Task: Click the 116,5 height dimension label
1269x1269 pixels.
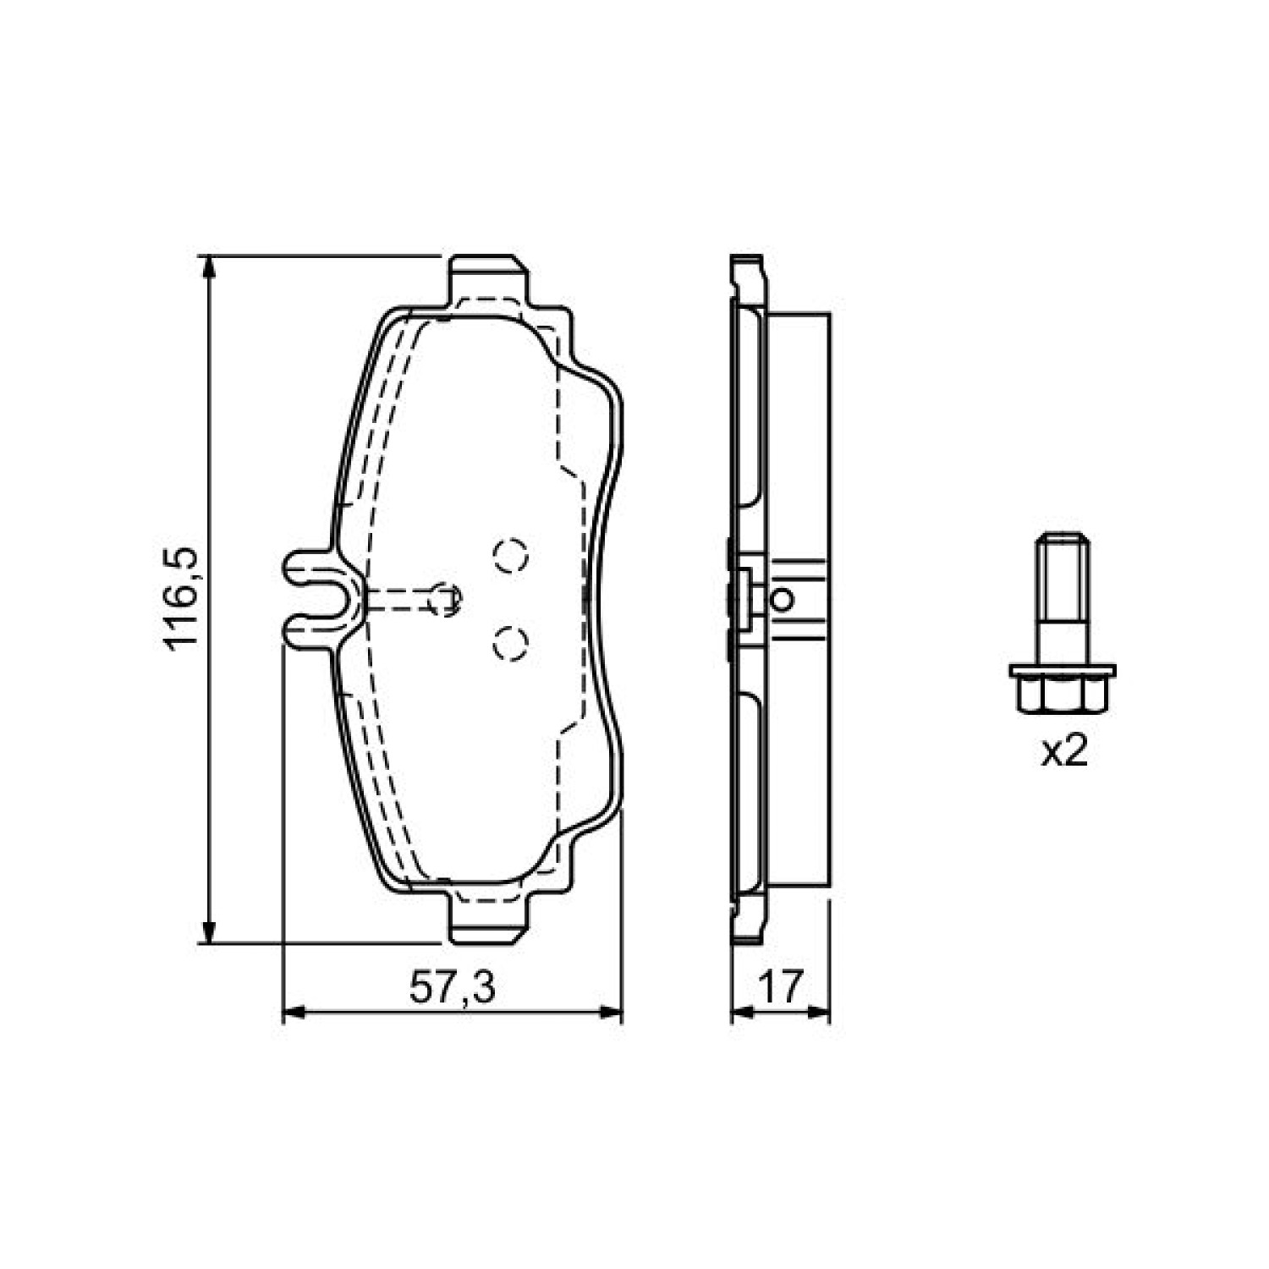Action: tap(181, 599)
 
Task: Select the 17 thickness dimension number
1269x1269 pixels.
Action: tap(779, 987)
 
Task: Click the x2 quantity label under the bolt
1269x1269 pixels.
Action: tap(1063, 751)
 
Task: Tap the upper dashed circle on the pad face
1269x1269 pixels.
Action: tap(510, 556)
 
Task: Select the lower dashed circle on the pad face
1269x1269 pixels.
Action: tap(510, 643)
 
